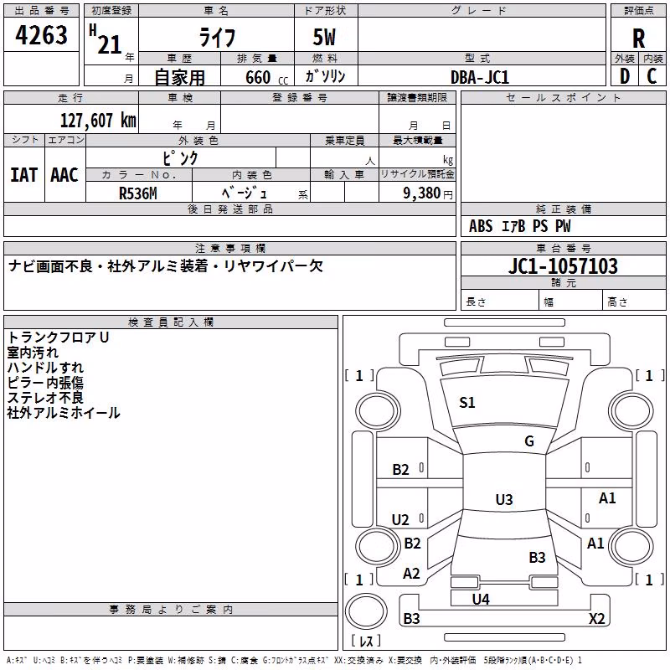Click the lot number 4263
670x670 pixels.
(x=41, y=35)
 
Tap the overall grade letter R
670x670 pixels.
(x=638, y=39)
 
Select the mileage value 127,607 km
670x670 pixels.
(x=98, y=121)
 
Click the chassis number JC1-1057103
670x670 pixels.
(x=563, y=265)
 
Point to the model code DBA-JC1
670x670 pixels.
(x=480, y=77)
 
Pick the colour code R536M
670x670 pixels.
(x=138, y=193)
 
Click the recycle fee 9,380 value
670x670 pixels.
(x=421, y=193)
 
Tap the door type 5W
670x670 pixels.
(x=324, y=37)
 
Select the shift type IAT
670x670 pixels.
(x=24, y=175)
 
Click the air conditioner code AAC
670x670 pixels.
(x=64, y=175)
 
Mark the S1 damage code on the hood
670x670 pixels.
(x=467, y=403)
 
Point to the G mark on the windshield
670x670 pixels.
(x=529, y=441)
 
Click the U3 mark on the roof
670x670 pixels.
(x=504, y=499)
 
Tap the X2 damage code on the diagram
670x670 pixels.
(x=597, y=618)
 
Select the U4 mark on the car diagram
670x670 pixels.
(x=481, y=600)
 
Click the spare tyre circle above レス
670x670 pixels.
(x=366, y=611)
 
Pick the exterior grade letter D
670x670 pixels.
(x=625, y=76)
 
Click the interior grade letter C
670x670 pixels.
(x=652, y=76)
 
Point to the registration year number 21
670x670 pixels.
(x=110, y=44)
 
